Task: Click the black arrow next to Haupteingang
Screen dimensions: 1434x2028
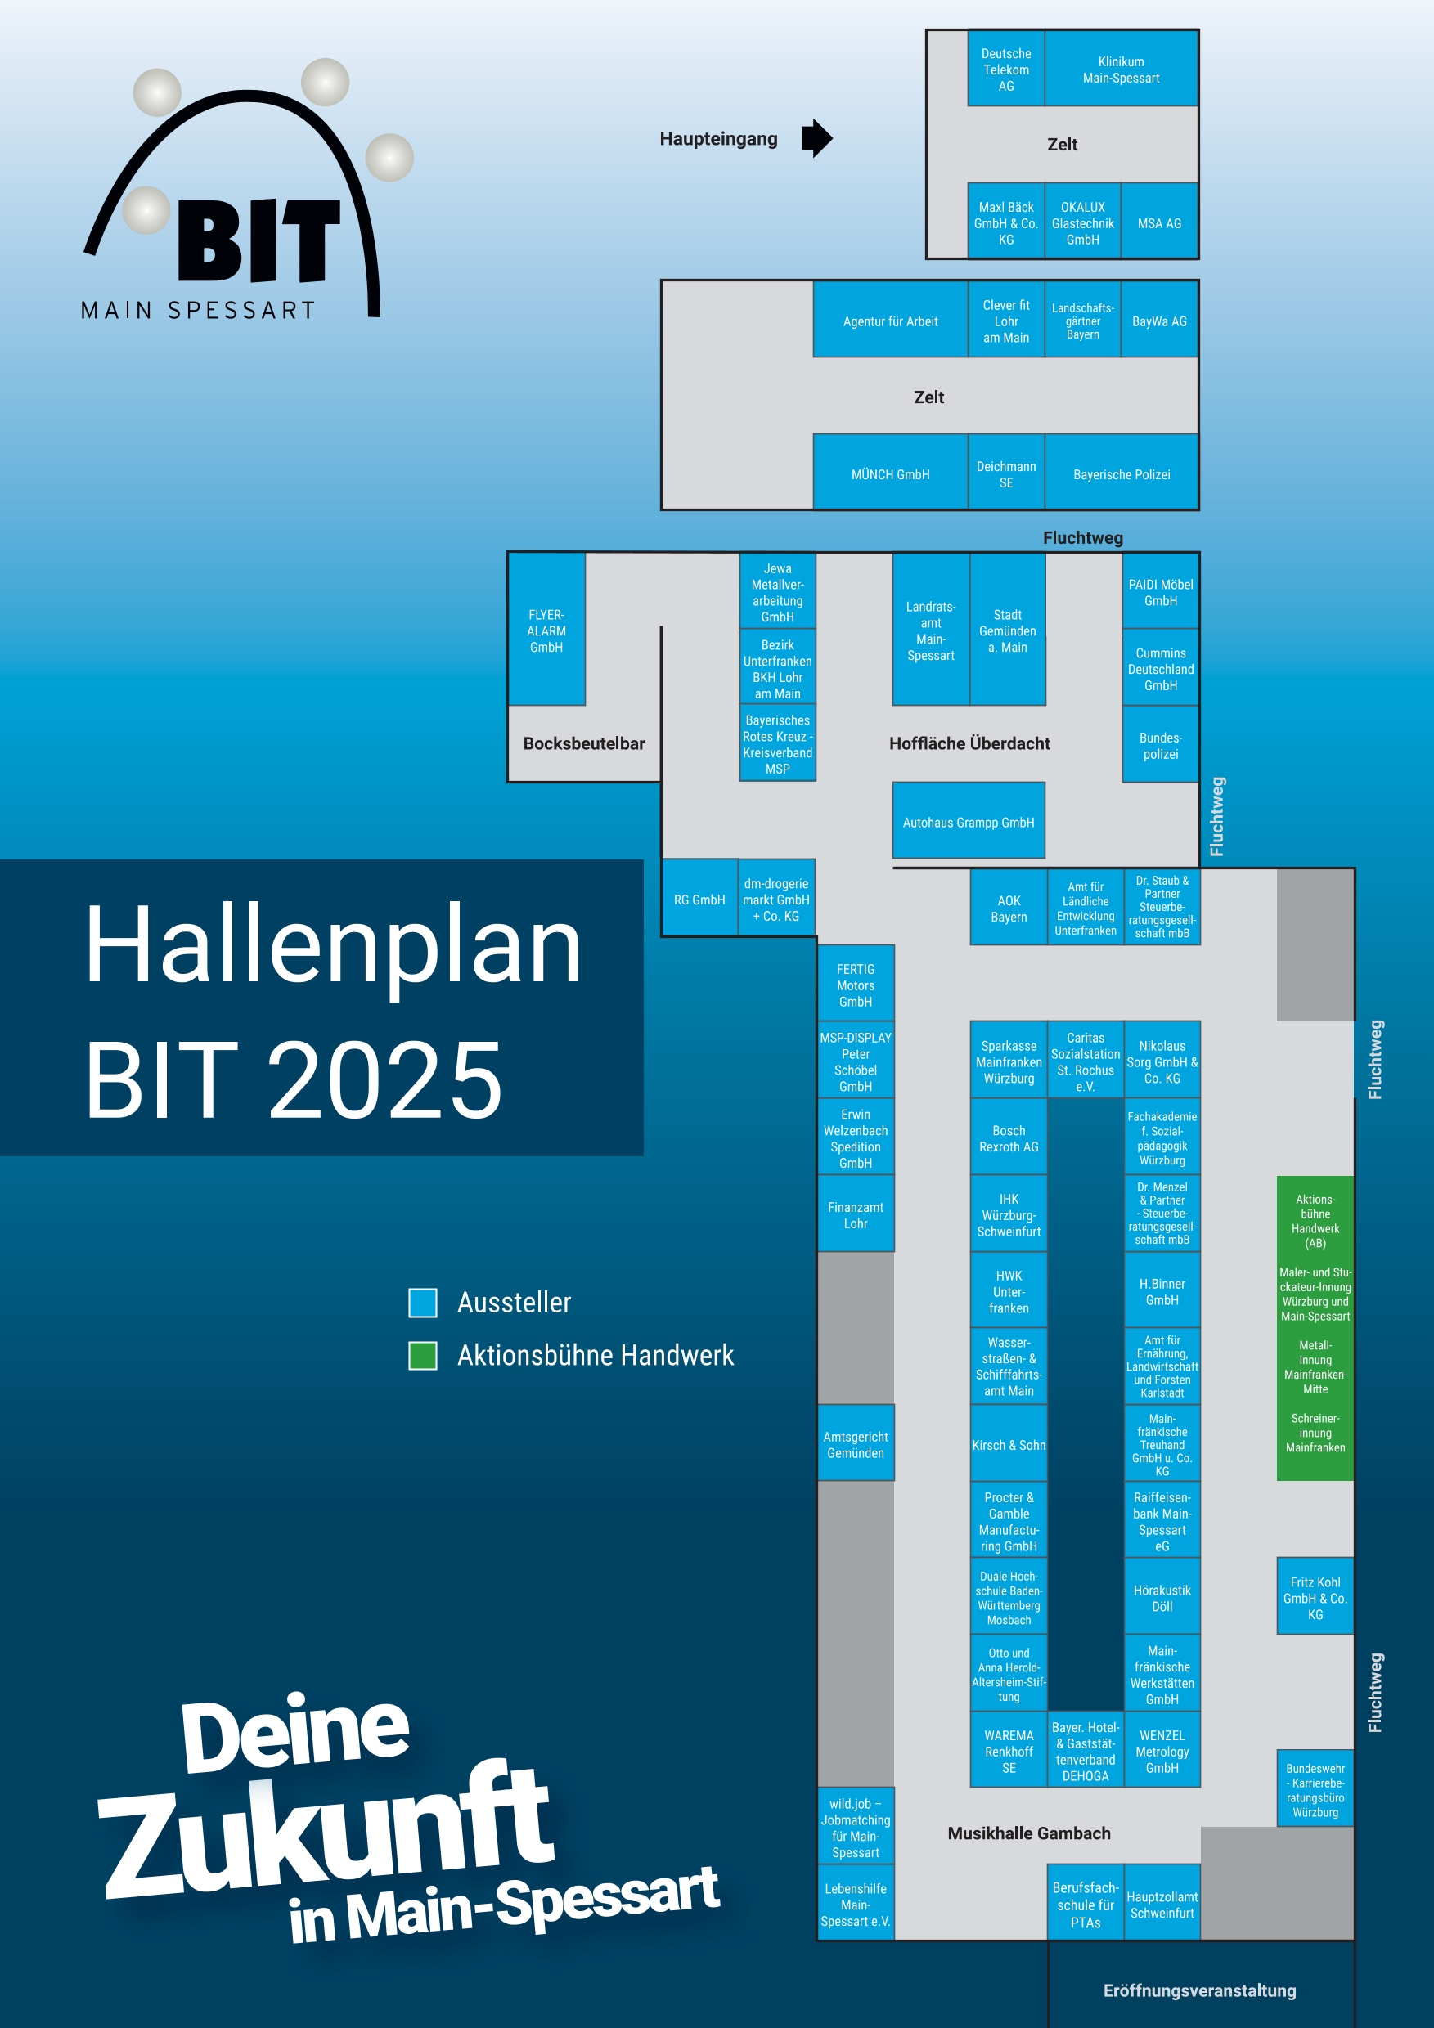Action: pyautogui.click(x=816, y=139)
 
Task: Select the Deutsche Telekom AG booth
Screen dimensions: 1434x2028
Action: pyautogui.click(x=1005, y=69)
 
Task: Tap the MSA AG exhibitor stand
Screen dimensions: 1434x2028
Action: pyautogui.click(x=1159, y=222)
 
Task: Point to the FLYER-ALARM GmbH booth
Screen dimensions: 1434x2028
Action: pyautogui.click(x=546, y=629)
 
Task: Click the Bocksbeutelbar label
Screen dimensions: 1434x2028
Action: pyautogui.click(x=584, y=743)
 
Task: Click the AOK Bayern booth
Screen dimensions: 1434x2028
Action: pyautogui.click(x=1008, y=907)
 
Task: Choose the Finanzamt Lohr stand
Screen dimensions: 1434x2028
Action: pyautogui.click(x=856, y=1214)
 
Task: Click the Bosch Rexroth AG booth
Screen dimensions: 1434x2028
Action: pyautogui.click(x=1008, y=1137)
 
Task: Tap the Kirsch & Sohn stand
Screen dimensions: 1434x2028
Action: pyautogui.click(x=1008, y=1443)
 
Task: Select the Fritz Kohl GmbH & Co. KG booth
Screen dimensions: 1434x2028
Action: pyautogui.click(x=1315, y=1596)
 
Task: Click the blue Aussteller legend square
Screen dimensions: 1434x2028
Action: pyautogui.click(x=422, y=1302)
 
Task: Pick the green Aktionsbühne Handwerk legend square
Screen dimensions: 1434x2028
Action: pyautogui.click(x=422, y=1355)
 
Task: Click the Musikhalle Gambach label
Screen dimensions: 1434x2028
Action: pyautogui.click(x=1028, y=1833)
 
